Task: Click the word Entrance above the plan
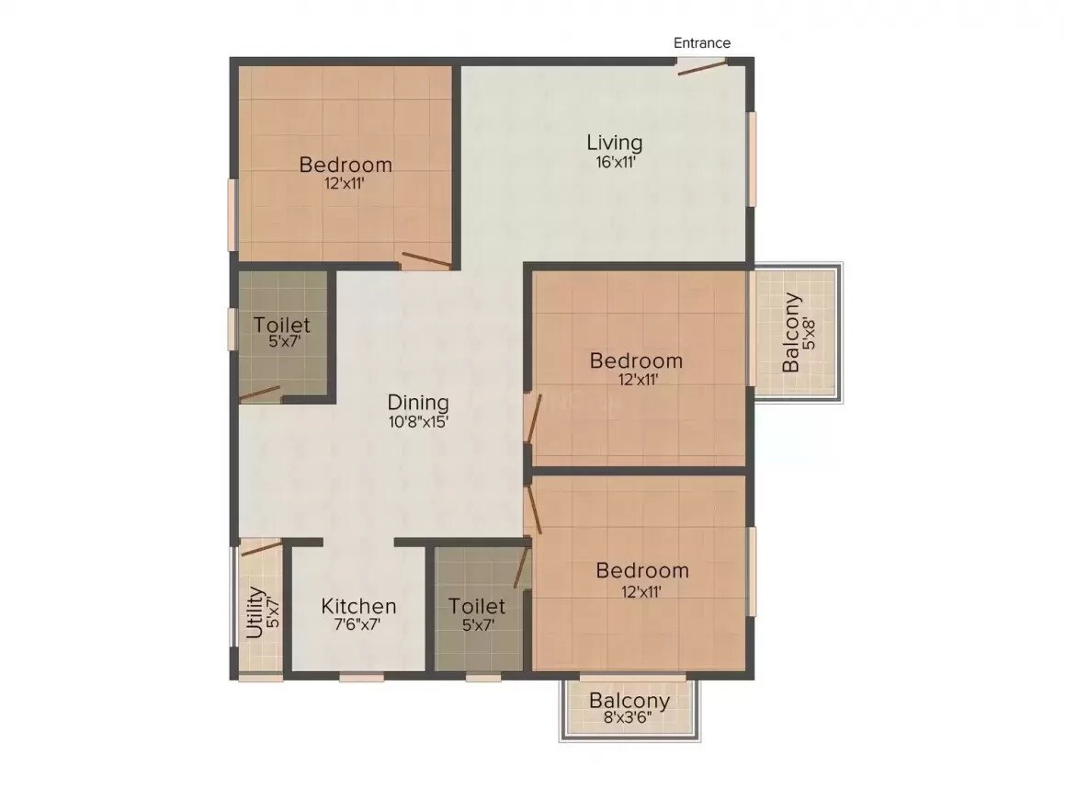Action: [x=702, y=43]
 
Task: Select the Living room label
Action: [x=615, y=143]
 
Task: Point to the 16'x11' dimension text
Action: [x=615, y=162]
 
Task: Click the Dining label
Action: [x=418, y=403]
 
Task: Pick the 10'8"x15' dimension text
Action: [x=418, y=422]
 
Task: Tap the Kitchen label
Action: [x=358, y=607]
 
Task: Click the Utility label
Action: [x=255, y=613]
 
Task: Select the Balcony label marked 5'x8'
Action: [x=791, y=333]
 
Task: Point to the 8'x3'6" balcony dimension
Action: [x=629, y=719]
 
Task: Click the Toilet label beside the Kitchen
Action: [x=477, y=607]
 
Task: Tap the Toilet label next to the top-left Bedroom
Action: [x=282, y=326]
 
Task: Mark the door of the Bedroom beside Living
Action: [x=425, y=260]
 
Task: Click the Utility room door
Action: [x=260, y=549]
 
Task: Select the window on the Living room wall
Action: [x=752, y=159]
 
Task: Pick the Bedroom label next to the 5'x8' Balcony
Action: [x=636, y=360]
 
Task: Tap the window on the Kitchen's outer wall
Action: [x=361, y=679]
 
